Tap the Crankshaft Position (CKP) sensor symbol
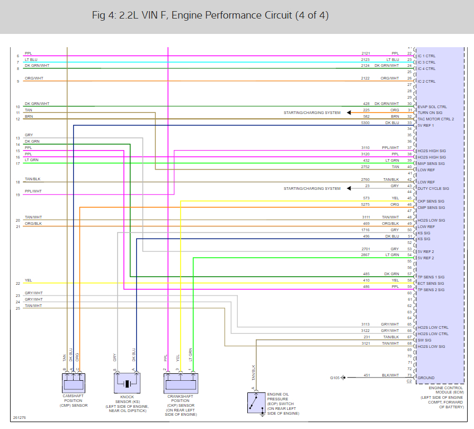click(x=181, y=383)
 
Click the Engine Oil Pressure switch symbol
click(x=257, y=402)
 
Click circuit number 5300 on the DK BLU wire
click(x=365, y=123)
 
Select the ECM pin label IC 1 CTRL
click(x=426, y=56)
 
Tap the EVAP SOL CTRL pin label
click(x=432, y=107)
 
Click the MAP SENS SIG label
click(x=431, y=163)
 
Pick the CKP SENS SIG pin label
click(x=431, y=202)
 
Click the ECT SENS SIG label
click(x=431, y=283)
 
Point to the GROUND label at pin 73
click(x=426, y=378)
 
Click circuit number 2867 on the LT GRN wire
click(x=365, y=255)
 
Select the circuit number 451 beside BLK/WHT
click(x=366, y=375)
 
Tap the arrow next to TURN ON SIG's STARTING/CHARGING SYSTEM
click(x=350, y=113)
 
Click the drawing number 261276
click(x=19, y=418)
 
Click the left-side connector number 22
click(x=18, y=284)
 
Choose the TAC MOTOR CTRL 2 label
click(x=435, y=119)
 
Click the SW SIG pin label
click(x=424, y=340)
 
